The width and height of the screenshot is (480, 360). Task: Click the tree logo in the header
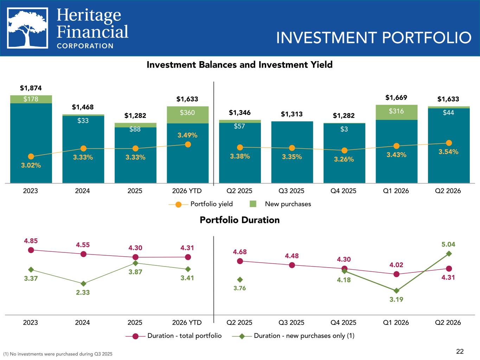tap(27, 28)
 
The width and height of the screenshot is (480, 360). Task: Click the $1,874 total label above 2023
tap(31, 88)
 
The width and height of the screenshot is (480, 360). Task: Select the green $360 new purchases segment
tap(188, 115)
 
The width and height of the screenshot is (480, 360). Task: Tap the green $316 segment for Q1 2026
tap(396, 112)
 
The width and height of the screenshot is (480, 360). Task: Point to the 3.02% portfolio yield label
tap(31, 165)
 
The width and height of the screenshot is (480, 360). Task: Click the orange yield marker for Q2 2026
tap(449, 143)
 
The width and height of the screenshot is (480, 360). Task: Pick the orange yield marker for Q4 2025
tap(344, 150)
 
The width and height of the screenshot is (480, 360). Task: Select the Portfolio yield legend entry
tap(200, 204)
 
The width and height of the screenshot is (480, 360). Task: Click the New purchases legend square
tap(253, 204)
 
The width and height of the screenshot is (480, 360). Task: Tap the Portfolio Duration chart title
tap(240, 220)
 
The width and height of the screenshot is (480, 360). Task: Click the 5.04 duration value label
tap(448, 244)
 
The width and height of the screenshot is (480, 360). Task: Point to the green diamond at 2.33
tap(83, 284)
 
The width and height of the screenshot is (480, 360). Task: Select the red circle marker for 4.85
tap(31, 250)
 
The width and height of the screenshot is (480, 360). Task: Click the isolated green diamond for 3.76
tap(240, 279)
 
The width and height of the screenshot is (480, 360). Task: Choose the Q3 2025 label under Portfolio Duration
tap(291, 323)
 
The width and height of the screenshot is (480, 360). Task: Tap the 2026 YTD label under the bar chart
tap(187, 191)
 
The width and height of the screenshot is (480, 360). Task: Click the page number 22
tap(460, 352)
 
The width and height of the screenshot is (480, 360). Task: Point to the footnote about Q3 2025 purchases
tap(58, 354)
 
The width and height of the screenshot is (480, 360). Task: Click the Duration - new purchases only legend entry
tap(293, 336)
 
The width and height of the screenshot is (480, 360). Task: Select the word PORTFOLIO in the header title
tap(427, 38)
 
